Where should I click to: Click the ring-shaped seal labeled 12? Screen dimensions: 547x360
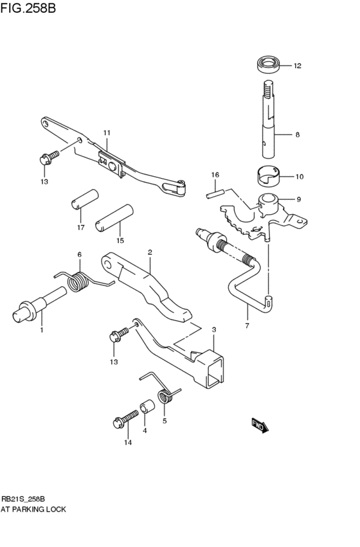(269, 64)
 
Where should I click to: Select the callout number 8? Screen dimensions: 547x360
(297, 135)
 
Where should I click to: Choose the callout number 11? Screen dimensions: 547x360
(107, 133)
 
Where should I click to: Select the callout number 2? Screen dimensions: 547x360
(149, 252)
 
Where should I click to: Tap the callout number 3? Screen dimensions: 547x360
(213, 329)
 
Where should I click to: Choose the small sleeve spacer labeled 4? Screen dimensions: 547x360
(147, 409)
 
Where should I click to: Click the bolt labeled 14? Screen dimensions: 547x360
(124, 420)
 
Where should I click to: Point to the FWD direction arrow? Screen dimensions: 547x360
(260, 425)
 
